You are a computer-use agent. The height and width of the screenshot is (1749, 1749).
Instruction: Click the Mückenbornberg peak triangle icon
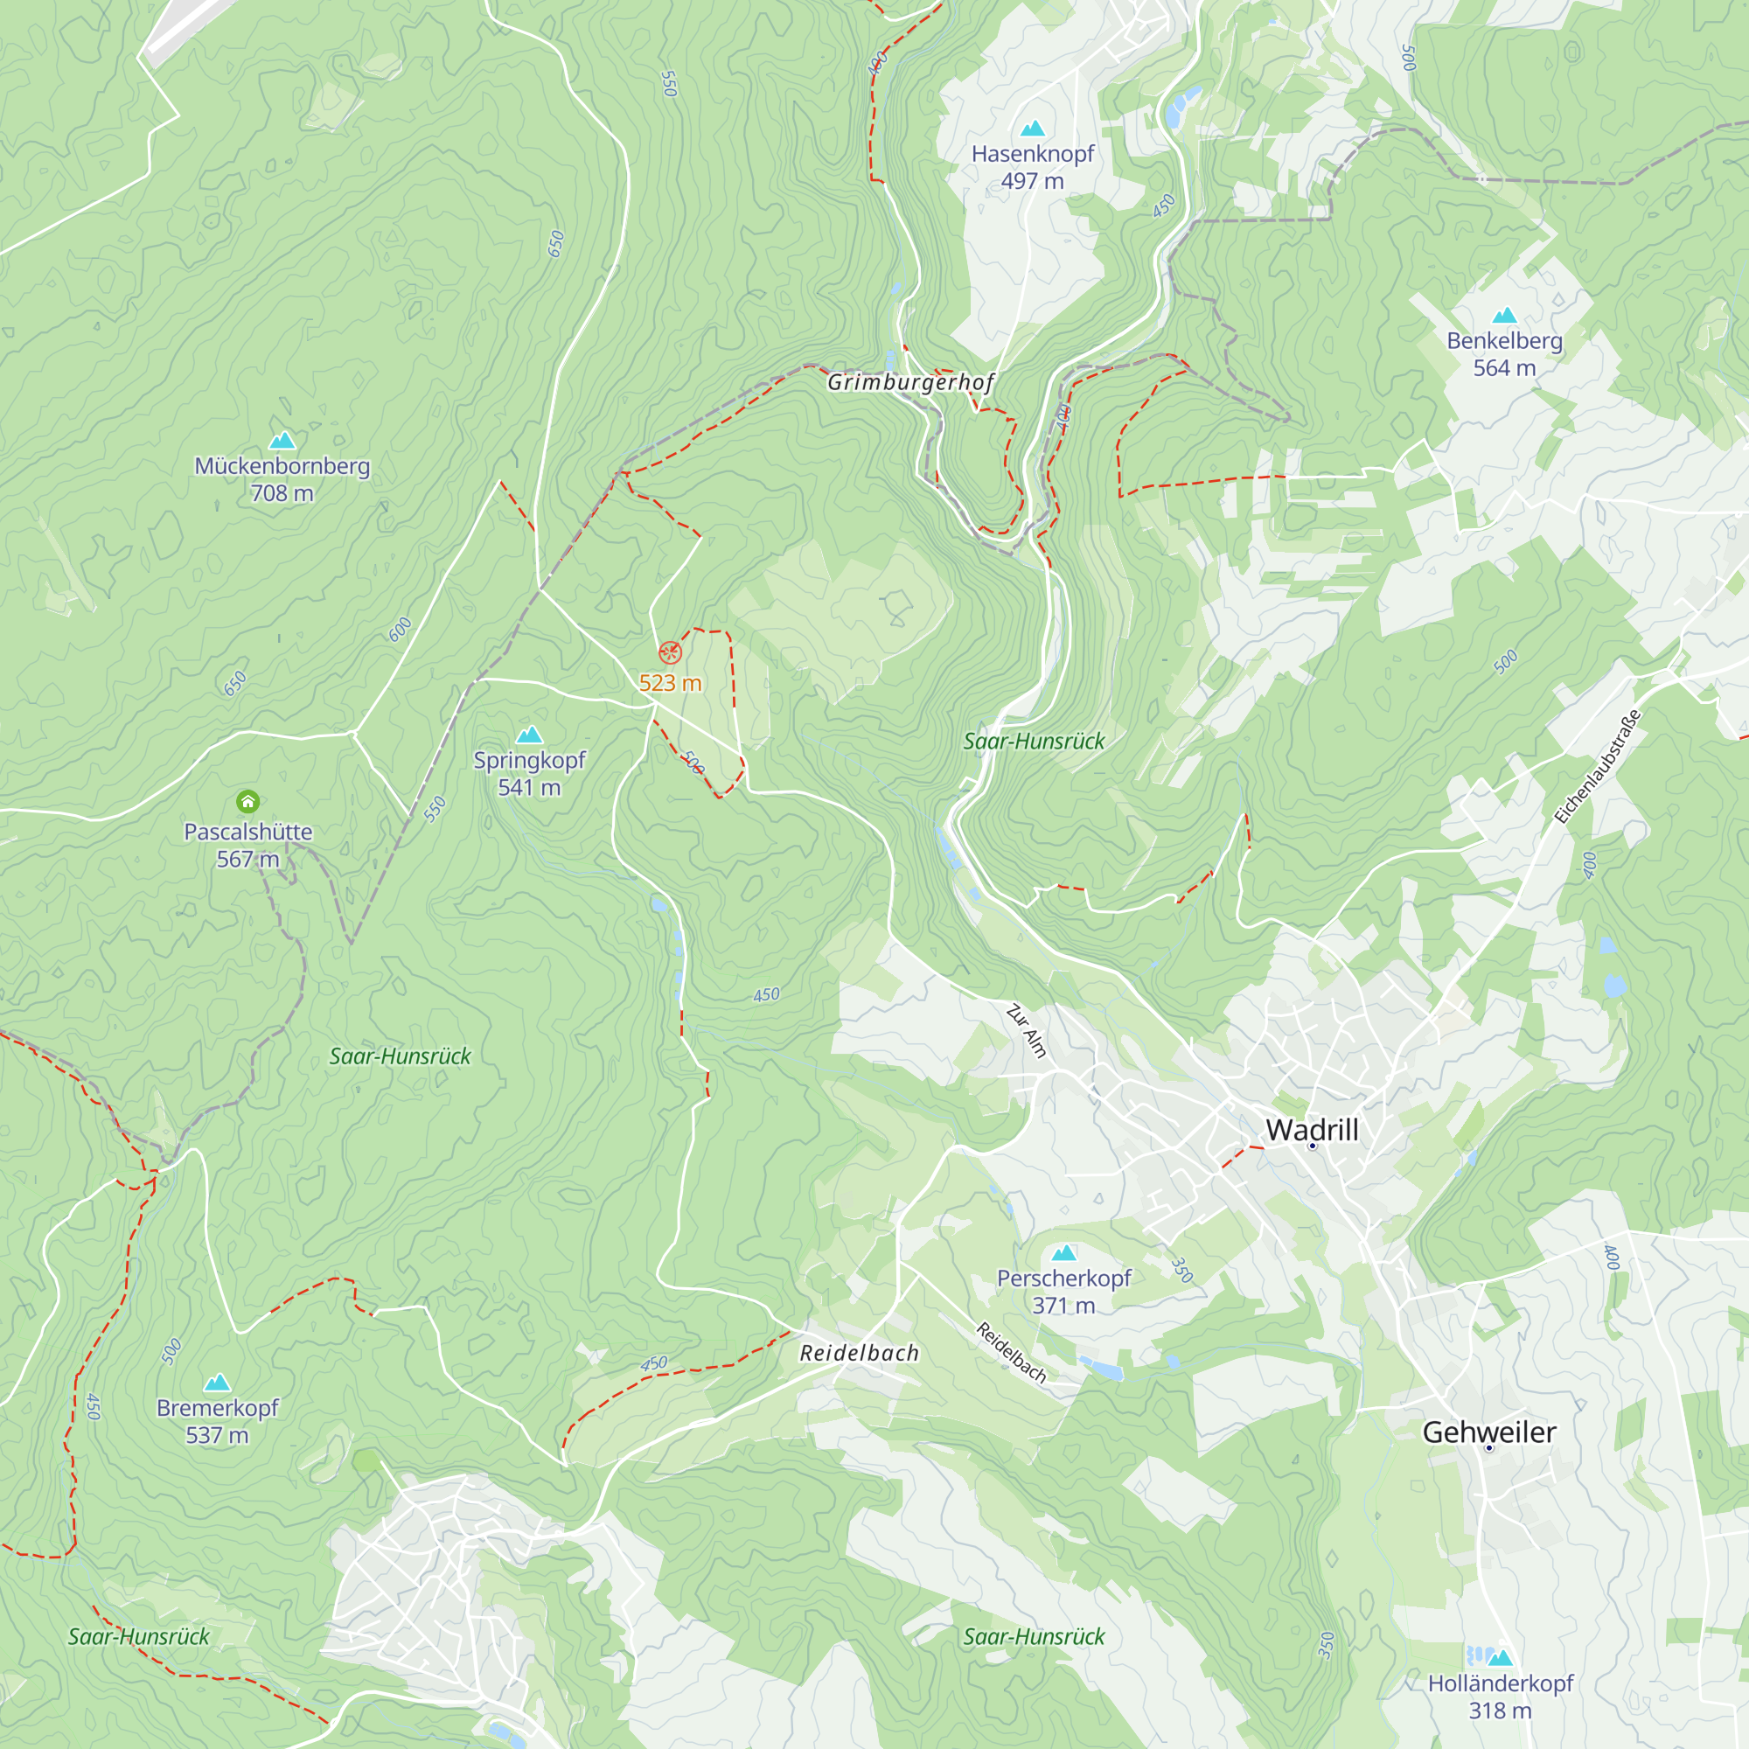(x=282, y=441)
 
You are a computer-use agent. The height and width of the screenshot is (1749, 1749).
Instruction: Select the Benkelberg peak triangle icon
(x=1503, y=315)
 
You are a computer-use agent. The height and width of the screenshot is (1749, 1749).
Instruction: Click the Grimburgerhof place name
(x=910, y=382)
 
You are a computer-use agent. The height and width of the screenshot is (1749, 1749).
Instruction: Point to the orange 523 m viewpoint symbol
(x=670, y=652)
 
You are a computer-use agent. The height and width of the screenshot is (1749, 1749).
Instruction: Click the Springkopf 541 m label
(x=530, y=774)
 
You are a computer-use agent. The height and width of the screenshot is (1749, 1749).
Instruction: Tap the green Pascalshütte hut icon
(x=248, y=801)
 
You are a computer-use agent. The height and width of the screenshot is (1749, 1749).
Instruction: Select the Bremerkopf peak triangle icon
(x=217, y=1383)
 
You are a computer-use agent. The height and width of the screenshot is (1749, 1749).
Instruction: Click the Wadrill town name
(x=1312, y=1130)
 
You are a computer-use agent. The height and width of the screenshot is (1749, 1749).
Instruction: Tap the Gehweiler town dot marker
(x=1489, y=1448)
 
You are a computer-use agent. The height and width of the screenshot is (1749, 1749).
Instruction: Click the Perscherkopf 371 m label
(x=1063, y=1292)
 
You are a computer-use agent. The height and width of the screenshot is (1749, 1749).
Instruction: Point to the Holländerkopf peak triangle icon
(x=1500, y=1657)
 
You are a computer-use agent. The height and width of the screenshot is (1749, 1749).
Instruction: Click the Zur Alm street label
(x=1027, y=1031)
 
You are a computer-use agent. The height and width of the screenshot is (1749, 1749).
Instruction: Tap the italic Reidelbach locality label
(x=859, y=1354)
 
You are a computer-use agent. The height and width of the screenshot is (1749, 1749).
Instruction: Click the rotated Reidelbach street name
(x=1011, y=1353)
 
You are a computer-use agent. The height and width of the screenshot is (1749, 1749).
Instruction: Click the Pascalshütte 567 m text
(x=248, y=846)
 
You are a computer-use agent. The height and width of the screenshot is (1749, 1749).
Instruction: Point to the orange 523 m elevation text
(x=670, y=684)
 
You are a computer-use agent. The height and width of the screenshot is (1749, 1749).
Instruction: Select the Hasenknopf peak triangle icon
(x=1032, y=129)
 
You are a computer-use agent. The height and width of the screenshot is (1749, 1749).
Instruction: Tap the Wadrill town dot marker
(x=1312, y=1146)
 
